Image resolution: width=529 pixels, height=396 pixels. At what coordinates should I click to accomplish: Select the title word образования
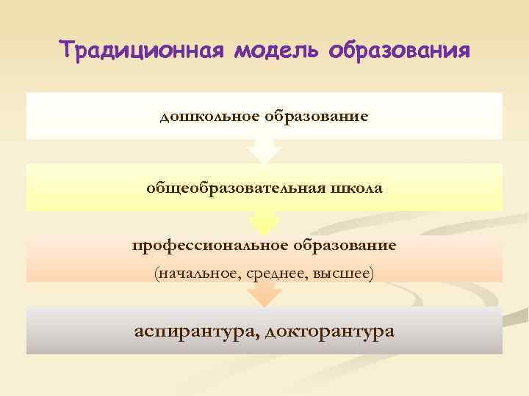(x=399, y=51)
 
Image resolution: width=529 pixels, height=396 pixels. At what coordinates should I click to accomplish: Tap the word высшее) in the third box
(x=343, y=274)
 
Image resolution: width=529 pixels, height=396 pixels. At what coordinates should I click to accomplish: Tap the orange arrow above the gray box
(x=264, y=295)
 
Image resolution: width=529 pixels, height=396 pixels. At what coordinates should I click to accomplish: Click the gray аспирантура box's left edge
(x=28, y=331)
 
